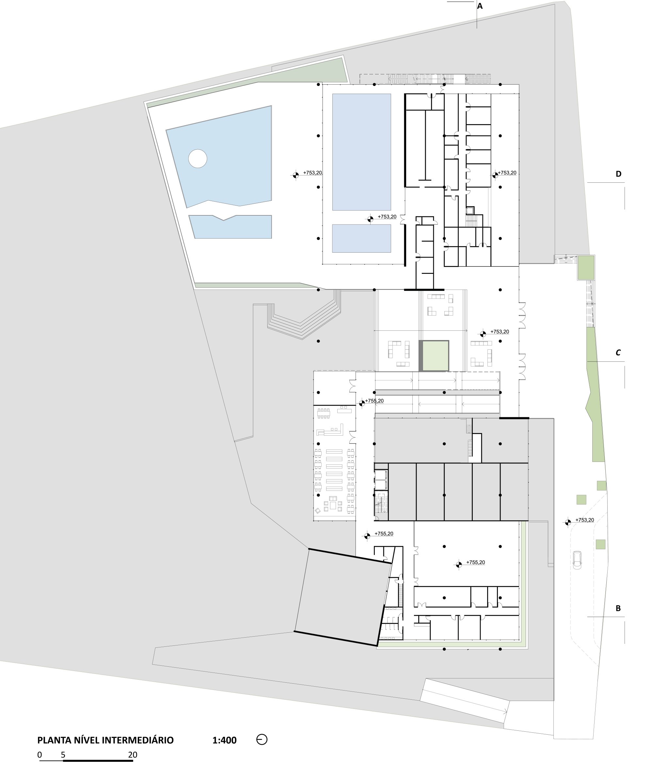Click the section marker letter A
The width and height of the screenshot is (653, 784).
point(480,6)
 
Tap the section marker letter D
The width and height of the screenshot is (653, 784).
point(618,174)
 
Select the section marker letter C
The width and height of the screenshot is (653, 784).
point(618,352)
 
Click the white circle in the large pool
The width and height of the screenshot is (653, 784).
point(197,159)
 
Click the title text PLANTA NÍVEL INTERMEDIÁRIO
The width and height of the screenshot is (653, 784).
point(105,740)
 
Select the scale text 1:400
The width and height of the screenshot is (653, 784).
point(225,740)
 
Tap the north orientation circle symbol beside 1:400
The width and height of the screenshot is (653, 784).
point(262,740)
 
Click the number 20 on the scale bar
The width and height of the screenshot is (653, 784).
point(133,755)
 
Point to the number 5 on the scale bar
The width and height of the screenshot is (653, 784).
point(63,755)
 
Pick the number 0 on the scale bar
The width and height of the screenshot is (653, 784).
point(40,755)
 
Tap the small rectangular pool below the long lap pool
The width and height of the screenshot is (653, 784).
point(361,238)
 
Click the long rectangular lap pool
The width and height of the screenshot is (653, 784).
point(361,152)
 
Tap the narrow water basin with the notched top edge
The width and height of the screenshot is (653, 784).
point(230,226)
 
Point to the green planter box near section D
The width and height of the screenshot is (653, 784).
point(586,268)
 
